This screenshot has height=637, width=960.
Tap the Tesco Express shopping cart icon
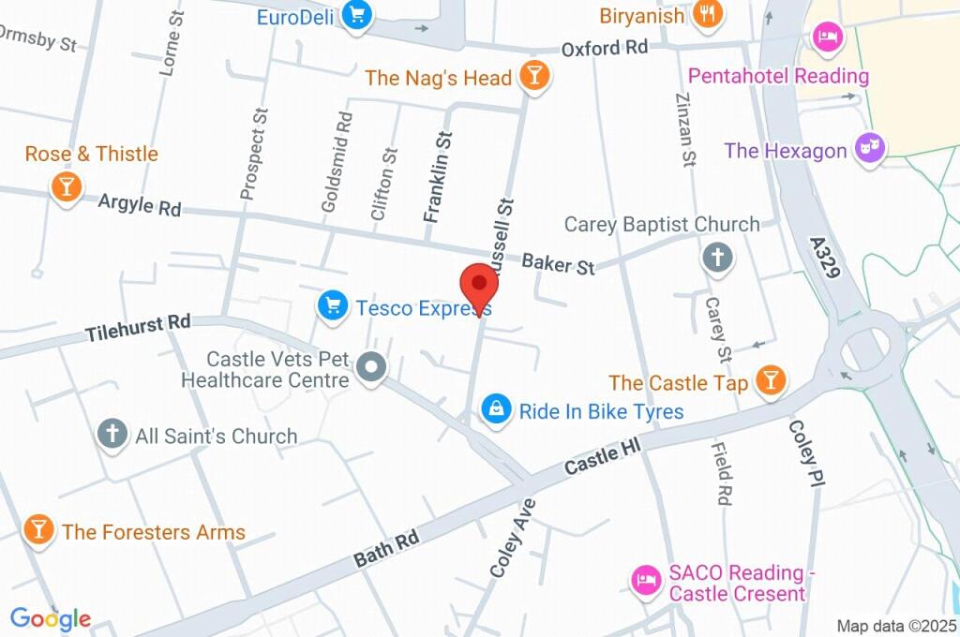coord(332,306)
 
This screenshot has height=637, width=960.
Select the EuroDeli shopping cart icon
coord(357,15)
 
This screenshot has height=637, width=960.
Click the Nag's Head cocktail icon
coord(534,78)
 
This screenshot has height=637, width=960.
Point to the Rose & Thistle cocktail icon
coord(67,185)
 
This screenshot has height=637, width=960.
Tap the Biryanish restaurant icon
coord(706,14)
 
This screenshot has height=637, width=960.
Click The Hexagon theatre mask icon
coord(871,148)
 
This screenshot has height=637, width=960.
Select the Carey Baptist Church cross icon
coord(717,258)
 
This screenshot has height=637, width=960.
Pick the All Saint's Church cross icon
coord(112,434)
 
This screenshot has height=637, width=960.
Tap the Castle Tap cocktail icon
coord(772,380)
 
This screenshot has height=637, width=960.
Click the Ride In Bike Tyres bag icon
coord(496,409)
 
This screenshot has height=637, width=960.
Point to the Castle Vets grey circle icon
coord(372,368)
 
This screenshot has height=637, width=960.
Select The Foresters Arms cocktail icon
coord(38,529)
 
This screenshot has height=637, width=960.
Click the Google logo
coord(51,618)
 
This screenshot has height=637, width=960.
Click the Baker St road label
coord(559,264)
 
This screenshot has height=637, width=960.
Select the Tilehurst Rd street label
coord(138,329)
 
